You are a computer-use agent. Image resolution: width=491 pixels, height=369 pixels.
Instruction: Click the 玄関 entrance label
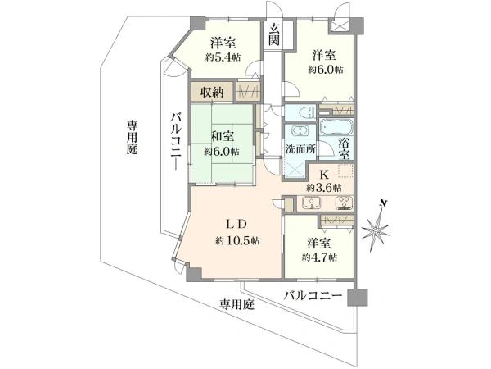pos(274,34)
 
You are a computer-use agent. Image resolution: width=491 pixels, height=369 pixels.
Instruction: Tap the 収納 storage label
pos(212,92)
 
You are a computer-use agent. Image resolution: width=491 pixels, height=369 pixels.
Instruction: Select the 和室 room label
pos(223,137)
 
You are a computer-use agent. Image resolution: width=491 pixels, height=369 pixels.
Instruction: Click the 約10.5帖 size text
pos(237,240)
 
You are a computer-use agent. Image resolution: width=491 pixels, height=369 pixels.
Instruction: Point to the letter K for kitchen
pos(324,175)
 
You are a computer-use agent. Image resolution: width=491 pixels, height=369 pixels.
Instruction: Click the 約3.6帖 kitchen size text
pos(324,188)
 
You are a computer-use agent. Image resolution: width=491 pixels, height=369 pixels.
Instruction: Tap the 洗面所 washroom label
pos(300,149)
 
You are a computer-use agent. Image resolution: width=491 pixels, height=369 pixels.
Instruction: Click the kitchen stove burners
pos(345,203)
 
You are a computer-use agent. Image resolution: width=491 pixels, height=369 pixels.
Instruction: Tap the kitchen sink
pos(311,203)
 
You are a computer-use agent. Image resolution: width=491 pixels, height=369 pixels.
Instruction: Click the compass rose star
pos(376,230)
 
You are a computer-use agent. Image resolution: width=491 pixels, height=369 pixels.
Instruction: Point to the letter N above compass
pos(382,203)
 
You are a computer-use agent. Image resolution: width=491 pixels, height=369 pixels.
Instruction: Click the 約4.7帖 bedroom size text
pos(319,257)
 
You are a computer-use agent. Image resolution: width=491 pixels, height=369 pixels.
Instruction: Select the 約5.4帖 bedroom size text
pos(223,57)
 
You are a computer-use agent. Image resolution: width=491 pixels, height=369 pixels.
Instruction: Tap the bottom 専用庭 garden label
pos(236,304)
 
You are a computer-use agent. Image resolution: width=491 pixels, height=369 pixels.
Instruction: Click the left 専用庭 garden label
pos(132,137)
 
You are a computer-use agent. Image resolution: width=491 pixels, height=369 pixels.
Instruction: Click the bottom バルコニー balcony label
pos(313,295)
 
